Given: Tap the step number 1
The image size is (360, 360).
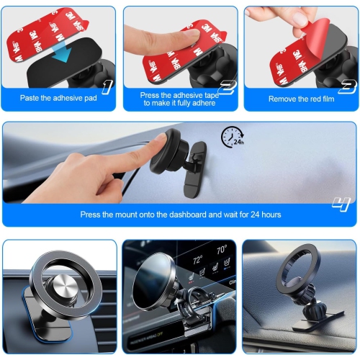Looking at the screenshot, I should tap(107, 87).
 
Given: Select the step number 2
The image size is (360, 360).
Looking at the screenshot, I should tap(228, 87).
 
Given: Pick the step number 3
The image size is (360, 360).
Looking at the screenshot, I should tap(346, 87).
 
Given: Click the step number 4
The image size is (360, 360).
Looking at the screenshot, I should tap(340, 204).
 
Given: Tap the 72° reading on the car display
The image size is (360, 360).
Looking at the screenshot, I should tap(197, 260).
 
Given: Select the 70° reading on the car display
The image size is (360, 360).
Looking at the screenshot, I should tap(221, 251).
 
